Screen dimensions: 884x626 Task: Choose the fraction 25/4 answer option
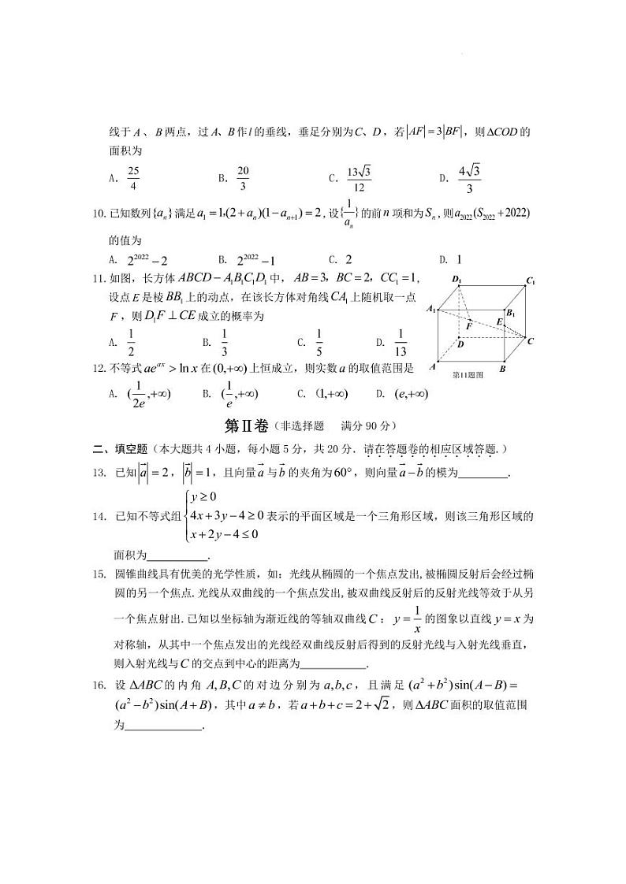[x=133, y=179]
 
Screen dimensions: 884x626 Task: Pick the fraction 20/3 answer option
[x=243, y=179]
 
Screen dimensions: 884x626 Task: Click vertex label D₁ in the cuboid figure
[x=456, y=279]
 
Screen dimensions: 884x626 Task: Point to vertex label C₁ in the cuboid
[x=531, y=280]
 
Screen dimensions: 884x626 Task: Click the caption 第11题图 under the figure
[x=468, y=376]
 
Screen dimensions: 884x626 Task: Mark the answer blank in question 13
[x=483, y=474]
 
